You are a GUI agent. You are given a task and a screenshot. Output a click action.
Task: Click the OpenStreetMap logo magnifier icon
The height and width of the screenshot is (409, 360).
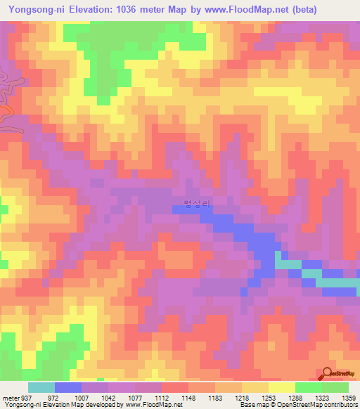328,375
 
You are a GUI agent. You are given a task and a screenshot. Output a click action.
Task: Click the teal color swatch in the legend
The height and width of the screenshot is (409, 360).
41,387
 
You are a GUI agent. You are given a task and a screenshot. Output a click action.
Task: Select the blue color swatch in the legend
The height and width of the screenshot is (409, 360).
67,387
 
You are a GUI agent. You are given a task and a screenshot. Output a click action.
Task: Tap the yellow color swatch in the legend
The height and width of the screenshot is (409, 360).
281,387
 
